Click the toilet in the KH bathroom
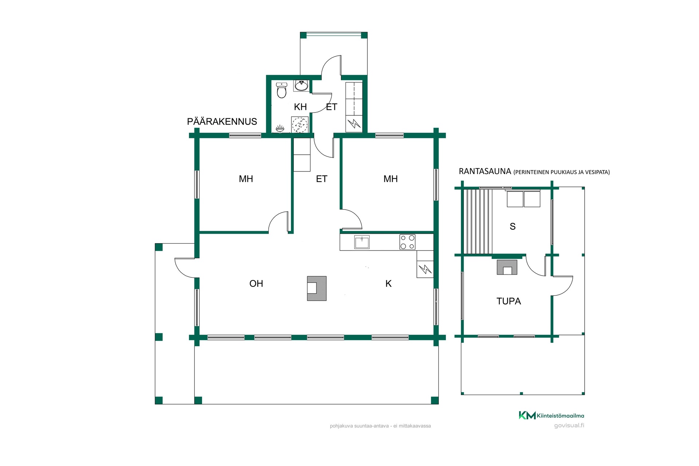281,90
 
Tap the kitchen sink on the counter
362,242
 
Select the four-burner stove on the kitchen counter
407,242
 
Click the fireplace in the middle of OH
317,288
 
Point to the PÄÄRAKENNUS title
222,122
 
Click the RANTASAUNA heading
485,171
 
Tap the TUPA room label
509,301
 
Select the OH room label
256,284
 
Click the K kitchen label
388,284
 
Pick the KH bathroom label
300,107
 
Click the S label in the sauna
513,226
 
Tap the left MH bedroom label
246,179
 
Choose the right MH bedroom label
390,179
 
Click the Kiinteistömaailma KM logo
551,415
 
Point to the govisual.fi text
569,426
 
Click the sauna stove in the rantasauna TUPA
507,267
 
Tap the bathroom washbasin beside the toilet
301,86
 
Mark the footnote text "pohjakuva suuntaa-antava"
359,426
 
